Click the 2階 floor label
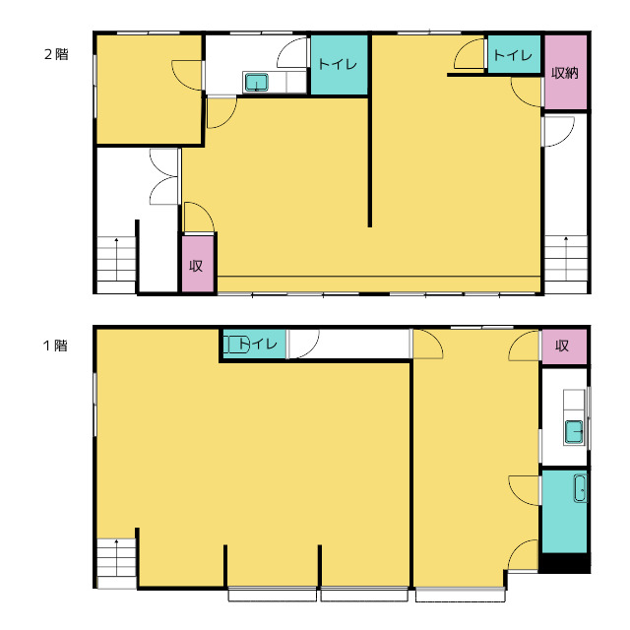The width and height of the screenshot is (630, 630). coord(56,54)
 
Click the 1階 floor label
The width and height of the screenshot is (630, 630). coord(55,346)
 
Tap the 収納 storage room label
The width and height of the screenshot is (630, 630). coord(565,73)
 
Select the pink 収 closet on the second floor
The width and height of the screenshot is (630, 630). coord(198,264)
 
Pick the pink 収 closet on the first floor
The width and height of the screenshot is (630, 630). coord(564,346)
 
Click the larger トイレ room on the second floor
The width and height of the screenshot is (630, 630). coord(340,65)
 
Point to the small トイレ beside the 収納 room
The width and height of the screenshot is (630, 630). coord(514,54)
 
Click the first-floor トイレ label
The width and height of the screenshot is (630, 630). coord(258,344)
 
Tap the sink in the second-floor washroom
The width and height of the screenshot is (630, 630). coord(256,83)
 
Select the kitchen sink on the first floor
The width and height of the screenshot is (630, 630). coord(574,432)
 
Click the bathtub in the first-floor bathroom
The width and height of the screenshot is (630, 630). coord(580,488)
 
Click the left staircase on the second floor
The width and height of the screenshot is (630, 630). coord(116,265)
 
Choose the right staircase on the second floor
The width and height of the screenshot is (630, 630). coord(566,264)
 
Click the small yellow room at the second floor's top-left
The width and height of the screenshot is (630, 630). coord(149,90)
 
